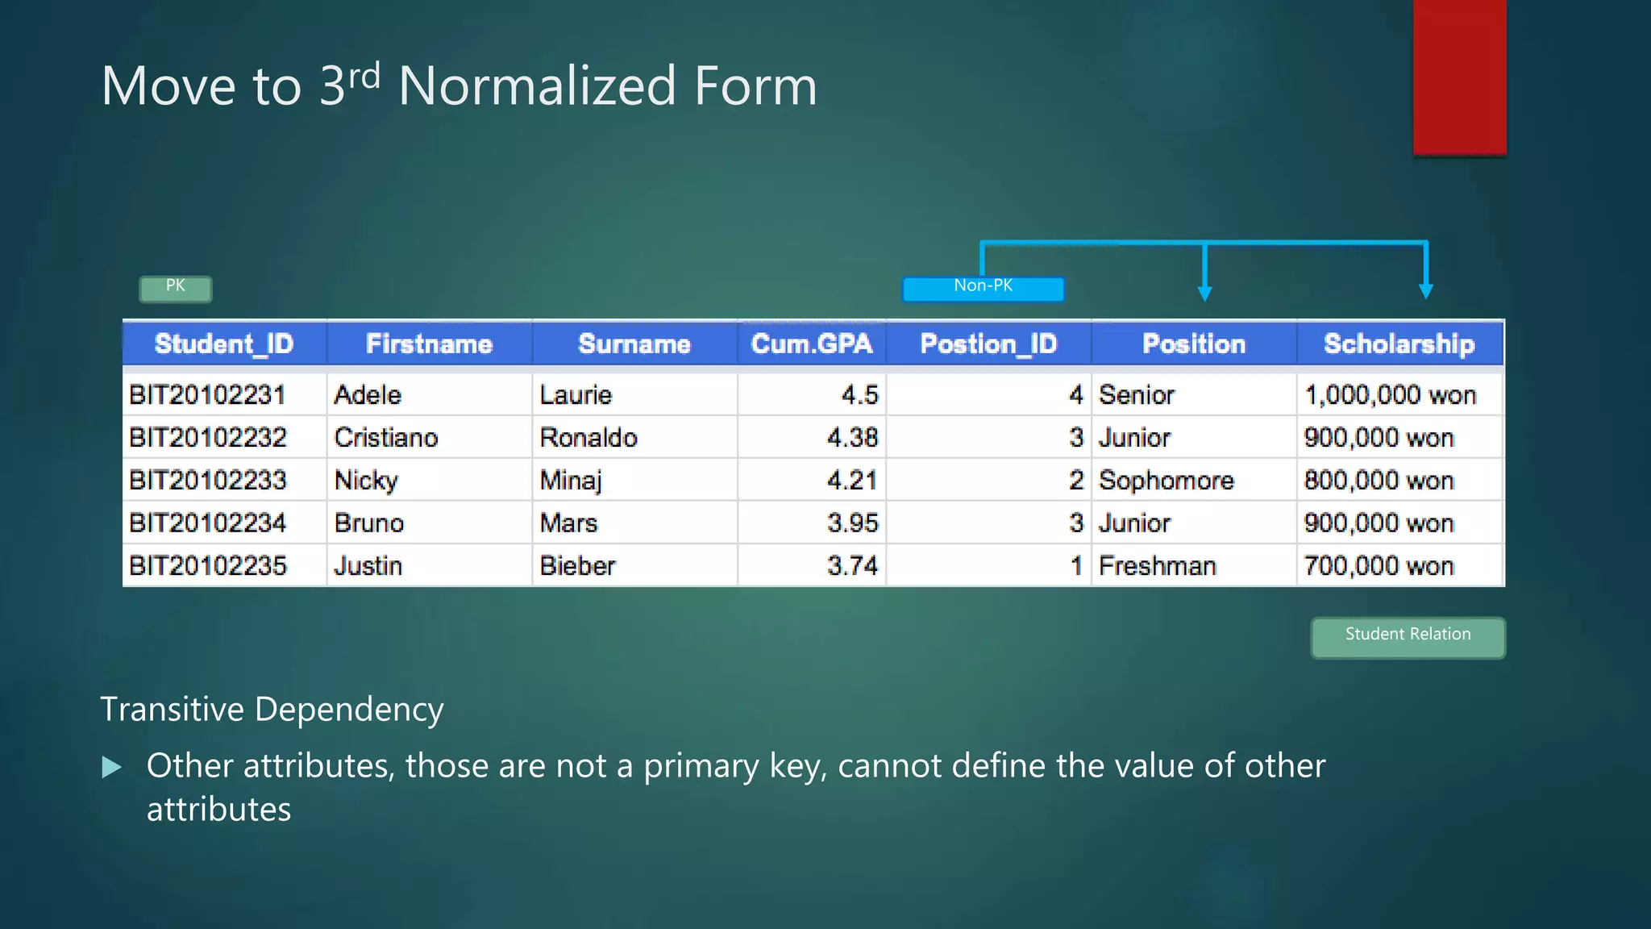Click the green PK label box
(x=175, y=288)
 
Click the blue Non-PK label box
(x=983, y=288)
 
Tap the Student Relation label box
(x=1407, y=637)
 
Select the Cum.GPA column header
(x=811, y=344)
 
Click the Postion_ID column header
(x=988, y=344)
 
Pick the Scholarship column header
(x=1399, y=344)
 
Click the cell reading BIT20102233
(x=208, y=481)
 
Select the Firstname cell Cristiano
(x=386, y=438)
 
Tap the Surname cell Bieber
(x=577, y=566)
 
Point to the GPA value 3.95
(x=852, y=523)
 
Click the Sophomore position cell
(x=1166, y=481)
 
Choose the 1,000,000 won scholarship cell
(x=1390, y=395)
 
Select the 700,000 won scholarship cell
(x=1379, y=566)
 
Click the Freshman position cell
(x=1157, y=566)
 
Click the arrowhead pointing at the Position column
(x=1204, y=293)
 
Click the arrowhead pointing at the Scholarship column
(x=1425, y=291)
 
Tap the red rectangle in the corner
(x=1459, y=77)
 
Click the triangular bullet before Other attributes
(x=112, y=767)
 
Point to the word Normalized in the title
(x=537, y=86)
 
